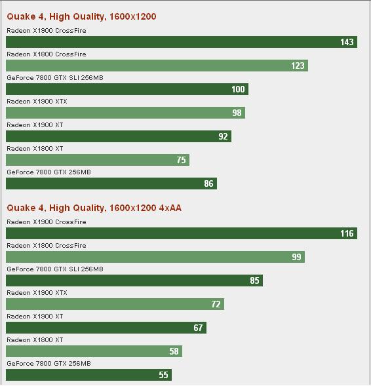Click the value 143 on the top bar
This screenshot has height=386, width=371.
(x=347, y=42)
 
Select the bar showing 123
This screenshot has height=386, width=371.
(x=157, y=66)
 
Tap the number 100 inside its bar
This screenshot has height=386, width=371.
(x=238, y=89)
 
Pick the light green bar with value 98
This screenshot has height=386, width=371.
(x=125, y=113)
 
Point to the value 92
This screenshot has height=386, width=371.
(x=223, y=136)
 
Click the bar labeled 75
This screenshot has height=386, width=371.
(x=98, y=160)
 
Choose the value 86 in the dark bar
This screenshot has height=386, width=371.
(x=208, y=183)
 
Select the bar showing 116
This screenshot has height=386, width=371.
(x=182, y=233)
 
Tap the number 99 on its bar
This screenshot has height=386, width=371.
(x=296, y=257)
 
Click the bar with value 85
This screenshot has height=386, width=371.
(x=134, y=280)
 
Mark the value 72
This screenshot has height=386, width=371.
(x=216, y=304)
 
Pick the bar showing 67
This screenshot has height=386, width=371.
(x=106, y=328)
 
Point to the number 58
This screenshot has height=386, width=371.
(x=174, y=351)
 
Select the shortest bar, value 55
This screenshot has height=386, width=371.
(x=88, y=375)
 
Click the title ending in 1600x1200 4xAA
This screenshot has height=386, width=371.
(x=94, y=208)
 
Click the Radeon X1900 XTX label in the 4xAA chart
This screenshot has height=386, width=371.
(x=37, y=293)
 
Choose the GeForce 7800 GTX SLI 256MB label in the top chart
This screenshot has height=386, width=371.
(x=55, y=78)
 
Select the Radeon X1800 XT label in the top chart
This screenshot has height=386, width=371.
(x=35, y=149)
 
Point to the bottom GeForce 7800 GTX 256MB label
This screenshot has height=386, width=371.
(x=49, y=363)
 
